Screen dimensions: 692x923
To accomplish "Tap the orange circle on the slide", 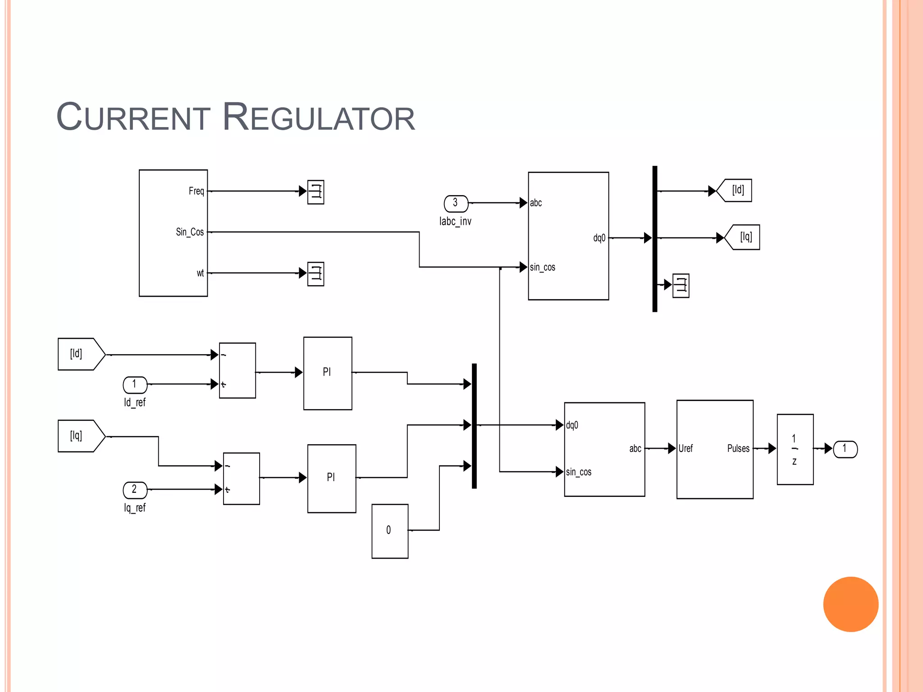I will (x=850, y=604).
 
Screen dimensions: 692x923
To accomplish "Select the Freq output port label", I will (x=196, y=191).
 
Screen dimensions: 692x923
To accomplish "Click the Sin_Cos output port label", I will (x=190, y=232).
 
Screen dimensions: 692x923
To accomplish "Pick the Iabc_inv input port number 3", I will (x=456, y=203).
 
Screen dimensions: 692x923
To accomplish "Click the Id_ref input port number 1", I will (x=135, y=384).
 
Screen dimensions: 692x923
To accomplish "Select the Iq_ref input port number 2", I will (x=135, y=489).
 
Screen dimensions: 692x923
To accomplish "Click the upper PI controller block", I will (x=328, y=373).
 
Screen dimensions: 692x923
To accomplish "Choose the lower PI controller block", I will (x=332, y=478).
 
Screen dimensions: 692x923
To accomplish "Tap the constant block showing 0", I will (x=390, y=531).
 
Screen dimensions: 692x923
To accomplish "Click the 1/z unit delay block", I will (x=795, y=449).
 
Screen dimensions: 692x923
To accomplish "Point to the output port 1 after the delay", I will (x=845, y=449).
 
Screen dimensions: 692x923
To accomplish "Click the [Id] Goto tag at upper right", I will (x=736, y=190).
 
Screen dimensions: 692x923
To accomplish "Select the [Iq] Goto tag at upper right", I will (x=744, y=237).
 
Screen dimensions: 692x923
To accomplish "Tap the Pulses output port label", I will (x=738, y=449).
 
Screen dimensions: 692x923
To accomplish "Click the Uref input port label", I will (x=685, y=449).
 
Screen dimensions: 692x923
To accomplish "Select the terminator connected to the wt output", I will (x=315, y=273).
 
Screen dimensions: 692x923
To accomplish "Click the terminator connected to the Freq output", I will (x=315, y=192).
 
